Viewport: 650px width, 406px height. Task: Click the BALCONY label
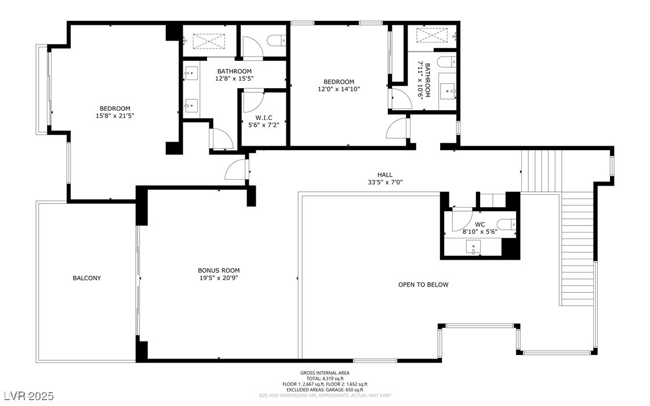tap(86, 278)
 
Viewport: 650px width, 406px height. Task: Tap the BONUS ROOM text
tap(218, 270)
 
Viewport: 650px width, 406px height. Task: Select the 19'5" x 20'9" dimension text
tap(218, 278)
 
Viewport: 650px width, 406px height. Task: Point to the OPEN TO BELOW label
tap(423, 284)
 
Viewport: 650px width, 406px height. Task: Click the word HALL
tap(384, 175)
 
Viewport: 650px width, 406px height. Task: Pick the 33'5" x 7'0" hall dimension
tap(384, 182)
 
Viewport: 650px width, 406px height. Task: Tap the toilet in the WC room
tap(507, 224)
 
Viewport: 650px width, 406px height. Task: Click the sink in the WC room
tap(474, 248)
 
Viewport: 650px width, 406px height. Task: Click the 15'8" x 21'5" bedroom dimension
tap(115, 116)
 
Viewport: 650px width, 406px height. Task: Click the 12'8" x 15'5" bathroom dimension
tap(234, 78)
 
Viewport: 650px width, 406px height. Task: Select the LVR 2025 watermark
tap(27, 396)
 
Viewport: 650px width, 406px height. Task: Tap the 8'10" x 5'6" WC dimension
tap(480, 231)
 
